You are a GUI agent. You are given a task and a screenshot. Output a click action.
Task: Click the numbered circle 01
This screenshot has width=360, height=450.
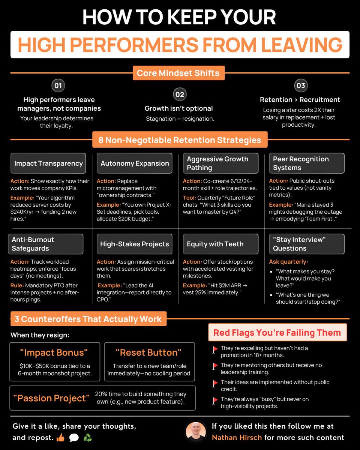(x=58, y=85)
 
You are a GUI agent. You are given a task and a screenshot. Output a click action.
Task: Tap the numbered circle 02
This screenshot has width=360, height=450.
(x=180, y=94)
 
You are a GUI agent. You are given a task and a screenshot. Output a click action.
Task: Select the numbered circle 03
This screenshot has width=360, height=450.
(x=300, y=85)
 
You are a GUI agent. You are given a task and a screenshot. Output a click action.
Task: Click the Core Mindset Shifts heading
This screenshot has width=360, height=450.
(x=178, y=73)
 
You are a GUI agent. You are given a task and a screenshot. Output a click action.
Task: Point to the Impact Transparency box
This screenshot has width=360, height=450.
(x=48, y=163)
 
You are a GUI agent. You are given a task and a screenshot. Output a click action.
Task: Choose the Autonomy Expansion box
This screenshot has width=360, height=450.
(x=135, y=163)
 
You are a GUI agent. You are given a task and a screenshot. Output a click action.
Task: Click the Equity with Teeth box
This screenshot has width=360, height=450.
(x=220, y=244)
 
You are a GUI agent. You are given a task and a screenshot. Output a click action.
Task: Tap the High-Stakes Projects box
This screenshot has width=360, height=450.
(x=135, y=244)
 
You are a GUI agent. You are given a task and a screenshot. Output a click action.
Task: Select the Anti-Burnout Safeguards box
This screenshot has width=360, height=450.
(x=46, y=244)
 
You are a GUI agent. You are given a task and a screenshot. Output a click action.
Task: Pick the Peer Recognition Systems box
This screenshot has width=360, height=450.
(x=307, y=163)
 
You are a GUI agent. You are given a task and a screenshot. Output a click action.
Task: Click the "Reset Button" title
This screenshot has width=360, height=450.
(x=149, y=353)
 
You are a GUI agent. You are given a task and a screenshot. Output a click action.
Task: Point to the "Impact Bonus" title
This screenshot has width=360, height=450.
(x=55, y=353)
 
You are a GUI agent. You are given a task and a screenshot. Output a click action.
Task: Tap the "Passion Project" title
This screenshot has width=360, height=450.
(x=52, y=398)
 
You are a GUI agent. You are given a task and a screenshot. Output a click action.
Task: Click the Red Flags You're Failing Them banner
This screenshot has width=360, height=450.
(x=277, y=333)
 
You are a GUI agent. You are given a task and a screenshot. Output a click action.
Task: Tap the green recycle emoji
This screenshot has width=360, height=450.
(x=87, y=438)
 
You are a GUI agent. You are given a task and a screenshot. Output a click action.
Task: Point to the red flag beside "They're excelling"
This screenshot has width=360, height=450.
(x=215, y=349)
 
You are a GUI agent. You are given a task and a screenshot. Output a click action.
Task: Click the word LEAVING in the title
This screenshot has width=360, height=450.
(x=301, y=45)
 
